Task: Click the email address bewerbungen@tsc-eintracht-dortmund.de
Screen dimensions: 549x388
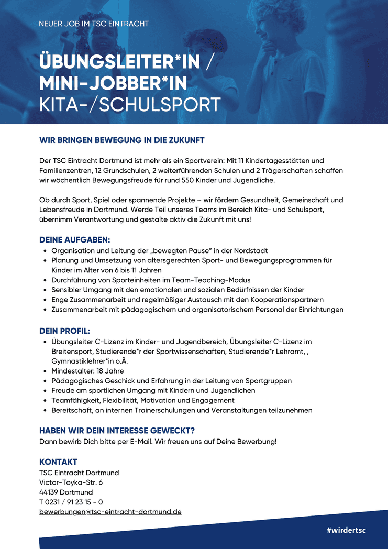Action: pos(110,512)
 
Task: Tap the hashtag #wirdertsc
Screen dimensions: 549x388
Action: pos(346,530)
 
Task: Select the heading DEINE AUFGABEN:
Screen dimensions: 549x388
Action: pos(75,240)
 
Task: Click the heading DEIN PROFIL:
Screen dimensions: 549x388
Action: pos(65,331)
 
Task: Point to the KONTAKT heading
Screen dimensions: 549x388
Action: pos(58,462)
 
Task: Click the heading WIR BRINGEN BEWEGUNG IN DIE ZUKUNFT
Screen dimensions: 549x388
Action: pos(121,140)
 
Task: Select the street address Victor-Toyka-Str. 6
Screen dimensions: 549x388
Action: pos(71,482)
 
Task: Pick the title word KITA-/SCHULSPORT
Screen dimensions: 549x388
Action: pos(130,104)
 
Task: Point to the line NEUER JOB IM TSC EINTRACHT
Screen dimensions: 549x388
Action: pos(94,24)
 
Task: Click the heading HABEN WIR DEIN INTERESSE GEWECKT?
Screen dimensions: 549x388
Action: pos(117,431)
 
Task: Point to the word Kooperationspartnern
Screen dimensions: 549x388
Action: pos(283,300)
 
